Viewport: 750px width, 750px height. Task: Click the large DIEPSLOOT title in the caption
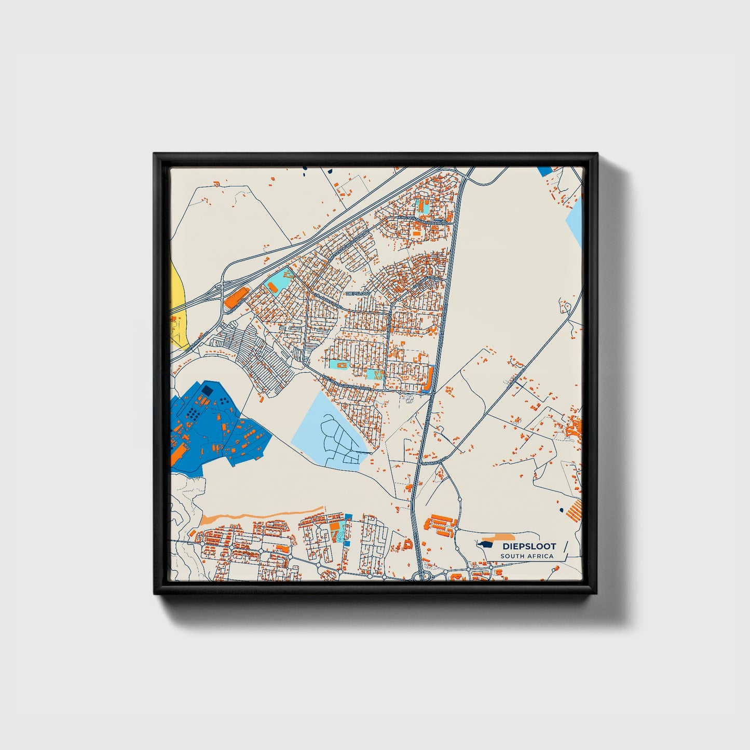528,546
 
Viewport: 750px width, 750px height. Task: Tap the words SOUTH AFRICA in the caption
526,556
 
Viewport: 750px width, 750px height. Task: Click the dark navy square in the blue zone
207,389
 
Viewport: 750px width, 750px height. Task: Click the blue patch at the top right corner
545,171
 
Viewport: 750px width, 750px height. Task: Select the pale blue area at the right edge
575,223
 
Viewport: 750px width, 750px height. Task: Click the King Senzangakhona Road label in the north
426,221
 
